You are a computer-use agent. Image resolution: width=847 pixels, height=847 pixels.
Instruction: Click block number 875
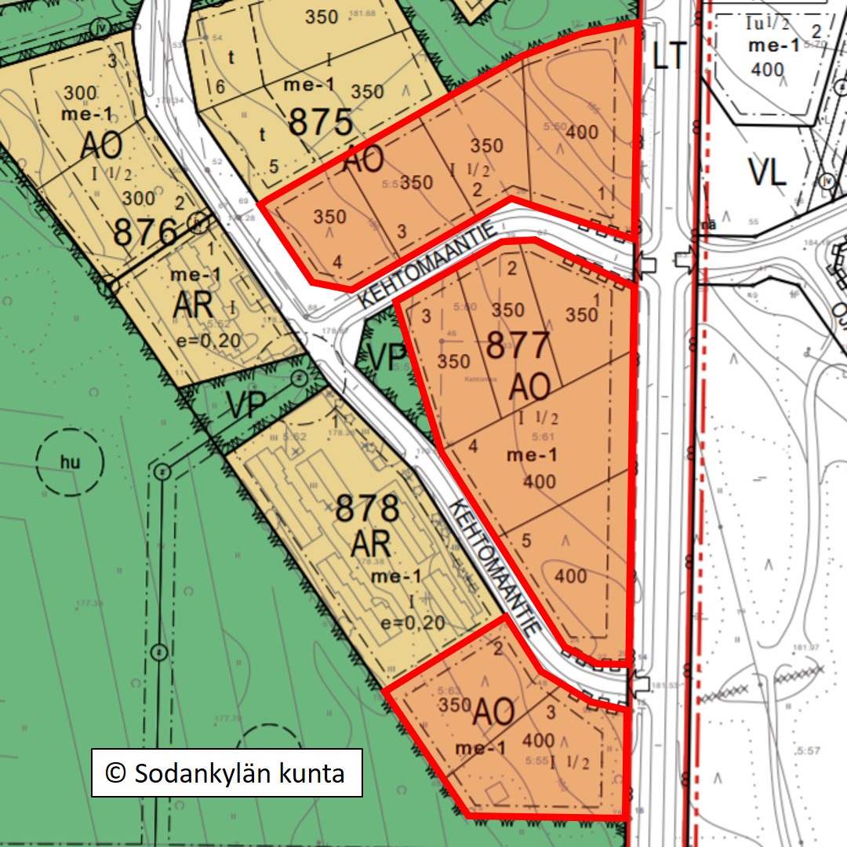click(x=320, y=122)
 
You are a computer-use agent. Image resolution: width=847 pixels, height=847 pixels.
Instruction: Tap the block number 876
click(x=145, y=233)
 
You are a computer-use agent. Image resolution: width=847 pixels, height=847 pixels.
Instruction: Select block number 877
click(x=518, y=346)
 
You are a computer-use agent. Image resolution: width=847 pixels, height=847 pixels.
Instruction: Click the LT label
click(x=669, y=57)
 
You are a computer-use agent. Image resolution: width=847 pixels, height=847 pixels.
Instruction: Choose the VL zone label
click(x=768, y=172)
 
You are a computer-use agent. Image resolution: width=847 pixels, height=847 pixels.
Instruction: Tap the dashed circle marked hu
click(x=71, y=462)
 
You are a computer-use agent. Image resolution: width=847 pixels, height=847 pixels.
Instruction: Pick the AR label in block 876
click(x=194, y=306)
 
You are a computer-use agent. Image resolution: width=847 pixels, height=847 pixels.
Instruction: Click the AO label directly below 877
click(x=532, y=385)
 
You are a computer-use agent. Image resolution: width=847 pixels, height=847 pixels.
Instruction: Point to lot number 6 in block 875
click(x=220, y=87)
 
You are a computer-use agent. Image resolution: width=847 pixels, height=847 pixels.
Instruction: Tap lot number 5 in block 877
click(x=526, y=540)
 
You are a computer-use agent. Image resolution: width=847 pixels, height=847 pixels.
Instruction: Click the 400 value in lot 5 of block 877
click(x=570, y=576)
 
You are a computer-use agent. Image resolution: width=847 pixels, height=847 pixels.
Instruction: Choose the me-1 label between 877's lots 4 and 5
click(x=532, y=455)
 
